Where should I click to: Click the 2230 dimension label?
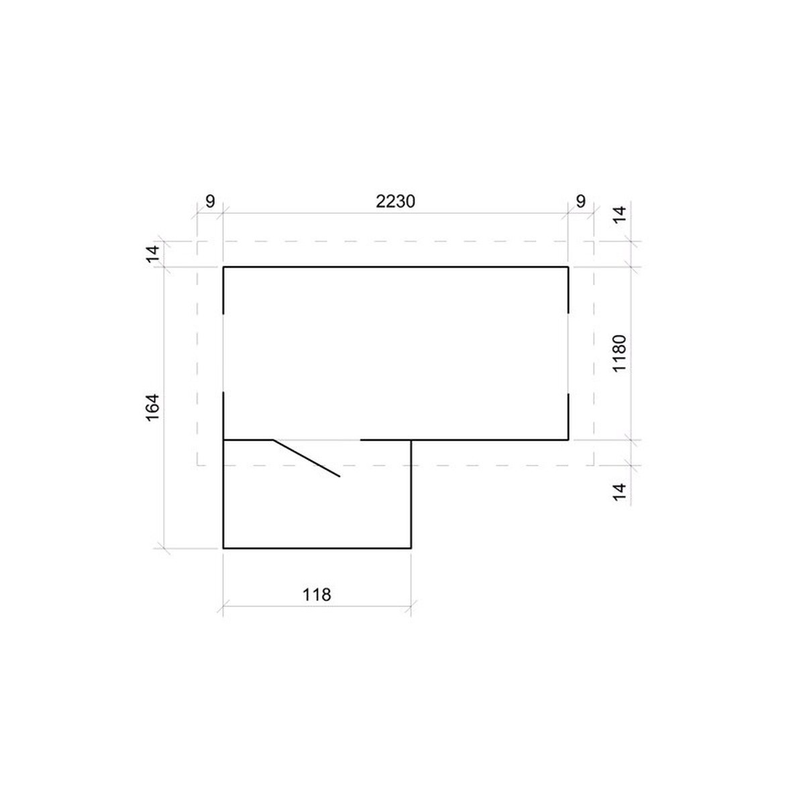[x=395, y=202]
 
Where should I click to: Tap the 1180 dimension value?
[x=619, y=353]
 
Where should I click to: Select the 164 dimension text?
[x=153, y=407]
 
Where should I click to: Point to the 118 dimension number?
[x=317, y=594]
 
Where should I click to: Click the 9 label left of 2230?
[x=210, y=202]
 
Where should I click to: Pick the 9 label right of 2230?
[x=581, y=202]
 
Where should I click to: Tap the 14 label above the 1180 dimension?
[x=620, y=215]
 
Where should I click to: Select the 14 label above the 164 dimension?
[x=153, y=254]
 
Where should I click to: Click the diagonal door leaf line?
[x=306, y=458]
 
